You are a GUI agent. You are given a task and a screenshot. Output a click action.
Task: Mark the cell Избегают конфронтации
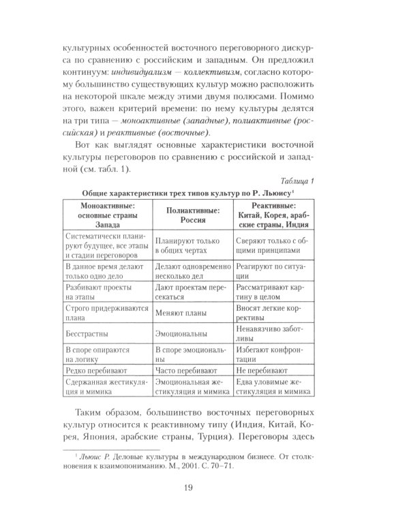(x=272, y=354)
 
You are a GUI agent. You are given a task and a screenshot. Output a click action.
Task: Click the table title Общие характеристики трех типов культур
(x=163, y=192)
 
